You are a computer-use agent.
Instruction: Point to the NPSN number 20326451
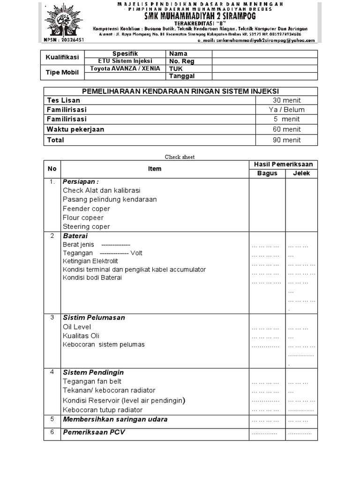click(x=62, y=40)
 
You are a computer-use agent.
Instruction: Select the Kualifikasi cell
click(x=62, y=57)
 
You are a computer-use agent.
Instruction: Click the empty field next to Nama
click(x=264, y=53)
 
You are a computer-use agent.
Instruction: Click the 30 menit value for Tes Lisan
click(x=286, y=100)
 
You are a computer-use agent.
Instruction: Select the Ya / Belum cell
click(x=286, y=110)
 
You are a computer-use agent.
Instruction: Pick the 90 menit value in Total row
click(x=286, y=140)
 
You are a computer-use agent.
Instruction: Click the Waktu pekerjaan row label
click(x=75, y=129)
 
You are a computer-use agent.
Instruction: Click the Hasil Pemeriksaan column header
click(x=283, y=164)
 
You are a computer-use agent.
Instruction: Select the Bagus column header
click(x=267, y=173)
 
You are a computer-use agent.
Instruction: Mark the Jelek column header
click(x=301, y=173)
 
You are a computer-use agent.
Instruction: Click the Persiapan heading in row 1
click(x=81, y=181)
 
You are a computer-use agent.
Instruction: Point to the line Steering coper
click(x=86, y=226)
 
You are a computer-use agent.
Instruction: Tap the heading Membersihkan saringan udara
click(x=115, y=419)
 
